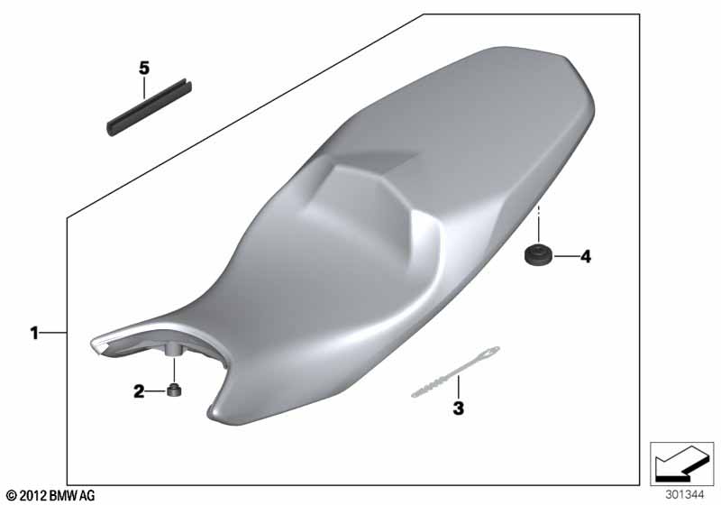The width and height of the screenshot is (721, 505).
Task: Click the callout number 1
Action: click(34, 333)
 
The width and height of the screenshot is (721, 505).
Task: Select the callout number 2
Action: click(139, 391)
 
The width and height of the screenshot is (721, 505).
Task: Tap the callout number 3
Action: click(459, 408)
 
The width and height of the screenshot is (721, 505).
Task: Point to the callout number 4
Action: click(585, 256)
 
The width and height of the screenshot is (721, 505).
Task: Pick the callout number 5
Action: click(144, 68)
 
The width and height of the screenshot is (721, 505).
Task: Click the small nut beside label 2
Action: click(174, 390)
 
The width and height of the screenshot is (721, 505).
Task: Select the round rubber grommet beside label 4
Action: click(539, 255)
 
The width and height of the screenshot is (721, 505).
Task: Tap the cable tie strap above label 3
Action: click(455, 372)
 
